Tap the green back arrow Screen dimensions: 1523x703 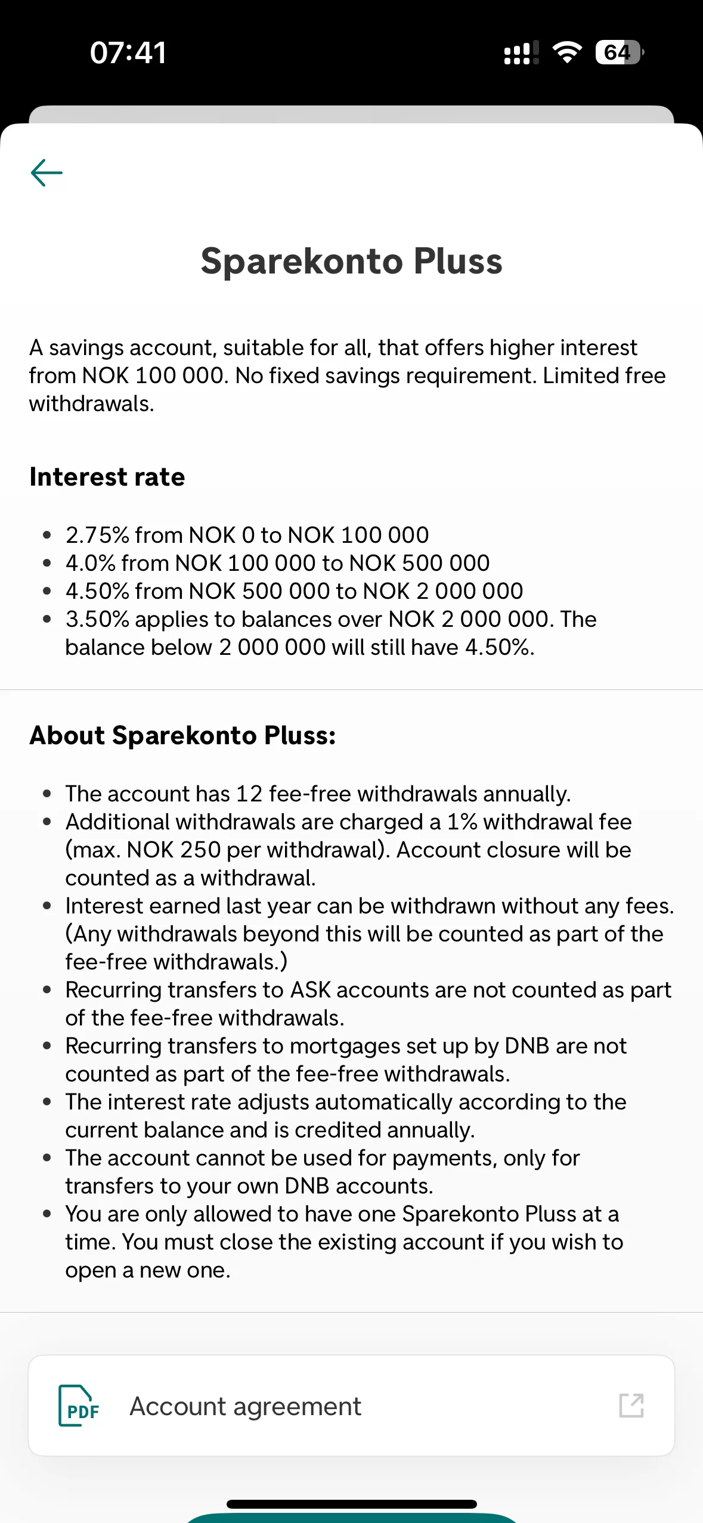[x=47, y=173]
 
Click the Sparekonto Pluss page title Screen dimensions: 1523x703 [x=351, y=261]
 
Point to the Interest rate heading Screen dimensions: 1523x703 [x=107, y=477]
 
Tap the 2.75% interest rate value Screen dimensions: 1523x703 [x=97, y=535]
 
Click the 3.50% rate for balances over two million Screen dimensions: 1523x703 [x=97, y=619]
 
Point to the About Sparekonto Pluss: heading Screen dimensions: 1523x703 [x=182, y=735]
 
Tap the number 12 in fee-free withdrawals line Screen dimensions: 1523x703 [x=249, y=794]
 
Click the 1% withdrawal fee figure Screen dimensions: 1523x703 [x=462, y=822]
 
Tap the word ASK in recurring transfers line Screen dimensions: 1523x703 [x=310, y=990]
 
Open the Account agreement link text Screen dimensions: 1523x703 [x=245, y=1406]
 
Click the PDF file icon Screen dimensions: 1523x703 [x=79, y=1406]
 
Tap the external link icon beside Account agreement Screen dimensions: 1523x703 [x=631, y=1406]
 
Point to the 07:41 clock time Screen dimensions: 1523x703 [x=128, y=52]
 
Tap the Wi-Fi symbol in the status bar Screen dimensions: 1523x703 [x=567, y=52]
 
